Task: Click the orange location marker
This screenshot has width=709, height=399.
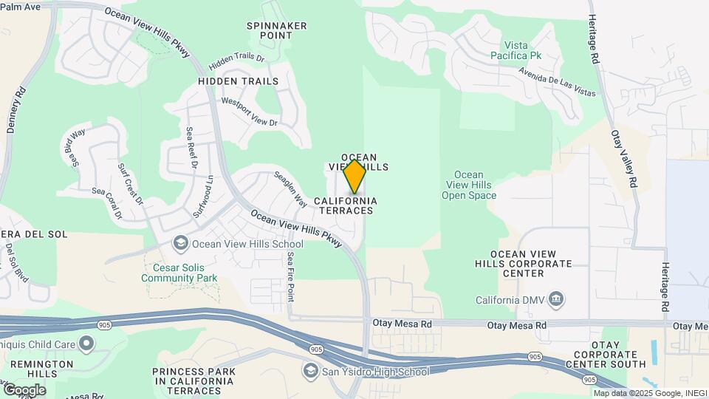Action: pos(354,177)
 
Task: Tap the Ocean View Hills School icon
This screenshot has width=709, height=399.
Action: pos(180,243)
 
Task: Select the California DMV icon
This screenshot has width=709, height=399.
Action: pos(558,299)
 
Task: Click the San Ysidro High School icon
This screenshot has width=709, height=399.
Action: pos(310,371)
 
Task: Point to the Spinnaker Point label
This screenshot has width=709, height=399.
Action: pos(276,30)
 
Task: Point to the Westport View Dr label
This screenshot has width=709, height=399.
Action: pos(250,112)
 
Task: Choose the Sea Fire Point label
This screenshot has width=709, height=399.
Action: pos(291,276)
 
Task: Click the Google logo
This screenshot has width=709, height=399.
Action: pos(24,389)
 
